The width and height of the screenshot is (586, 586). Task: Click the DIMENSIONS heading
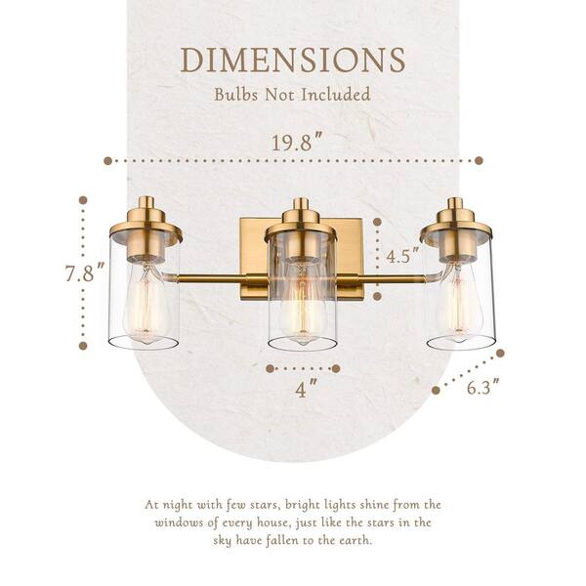[293, 60]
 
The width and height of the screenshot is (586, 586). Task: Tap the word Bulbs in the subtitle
[235, 94]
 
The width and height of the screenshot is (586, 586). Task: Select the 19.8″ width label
[297, 142]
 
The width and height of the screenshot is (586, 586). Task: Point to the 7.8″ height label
[85, 272]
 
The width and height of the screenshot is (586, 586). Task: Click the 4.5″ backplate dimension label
[402, 255]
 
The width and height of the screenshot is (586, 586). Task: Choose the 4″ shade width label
[306, 389]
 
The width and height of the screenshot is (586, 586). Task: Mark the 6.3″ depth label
[483, 387]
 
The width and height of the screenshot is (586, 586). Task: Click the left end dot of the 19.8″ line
[108, 161]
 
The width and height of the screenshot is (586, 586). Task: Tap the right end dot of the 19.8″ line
[479, 161]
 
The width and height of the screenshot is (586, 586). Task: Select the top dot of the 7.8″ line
[83, 200]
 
